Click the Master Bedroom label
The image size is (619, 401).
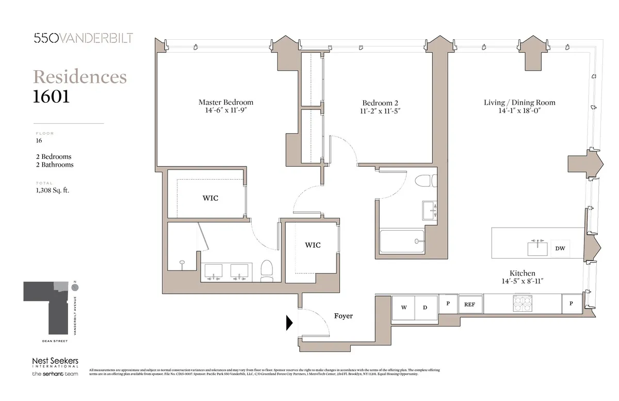[226, 102]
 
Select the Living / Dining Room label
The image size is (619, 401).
[519, 102]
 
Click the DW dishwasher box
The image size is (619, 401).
[560, 249]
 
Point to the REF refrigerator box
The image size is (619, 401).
[469, 304]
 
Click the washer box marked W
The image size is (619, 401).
[404, 308]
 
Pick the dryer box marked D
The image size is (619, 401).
[425, 308]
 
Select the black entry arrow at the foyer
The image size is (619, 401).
[290, 323]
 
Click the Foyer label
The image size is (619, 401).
[344, 315]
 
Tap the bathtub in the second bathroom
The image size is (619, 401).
[402, 241]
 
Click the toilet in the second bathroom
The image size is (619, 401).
[427, 182]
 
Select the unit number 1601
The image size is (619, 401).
[51, 97]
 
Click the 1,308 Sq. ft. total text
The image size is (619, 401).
[52, 190]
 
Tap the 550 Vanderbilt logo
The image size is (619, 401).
[83, 38]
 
